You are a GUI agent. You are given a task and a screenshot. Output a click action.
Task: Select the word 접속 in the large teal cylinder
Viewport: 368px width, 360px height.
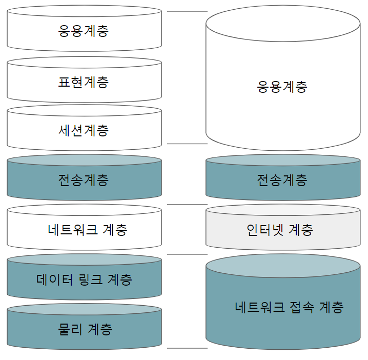point(301,307)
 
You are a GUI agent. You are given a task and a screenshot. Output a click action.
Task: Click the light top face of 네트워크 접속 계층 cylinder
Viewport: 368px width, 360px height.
point(282,265)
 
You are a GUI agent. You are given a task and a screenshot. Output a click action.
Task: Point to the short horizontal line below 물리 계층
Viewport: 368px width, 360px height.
point(187,348)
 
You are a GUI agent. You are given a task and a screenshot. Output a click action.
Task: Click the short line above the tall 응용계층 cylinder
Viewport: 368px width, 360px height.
point(187,11)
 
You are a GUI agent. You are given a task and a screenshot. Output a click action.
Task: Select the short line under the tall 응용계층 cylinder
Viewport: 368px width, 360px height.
point(187,144)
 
